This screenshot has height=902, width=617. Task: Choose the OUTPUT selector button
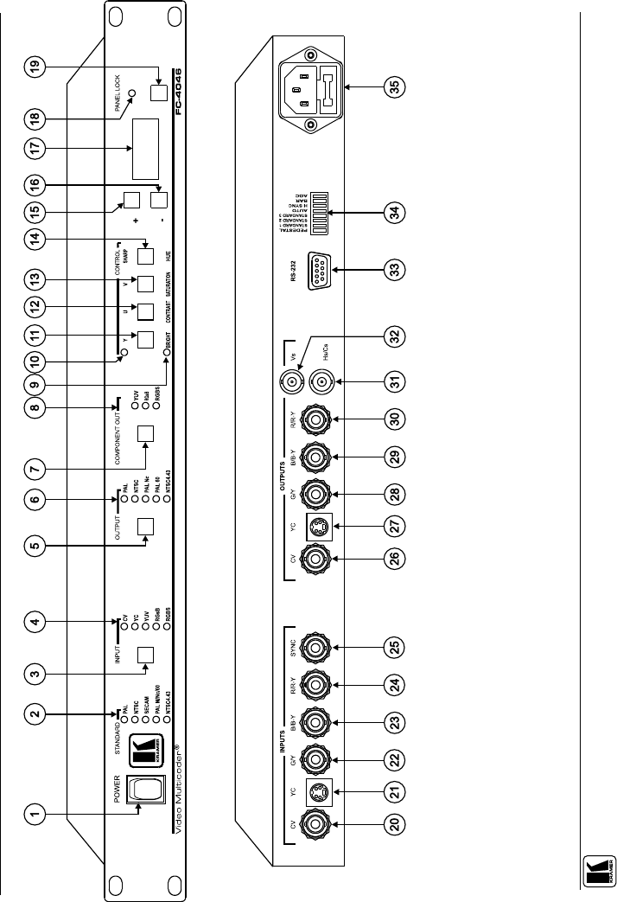(x=147, y=526)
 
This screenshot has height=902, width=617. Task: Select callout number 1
(x=35, y=812)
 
